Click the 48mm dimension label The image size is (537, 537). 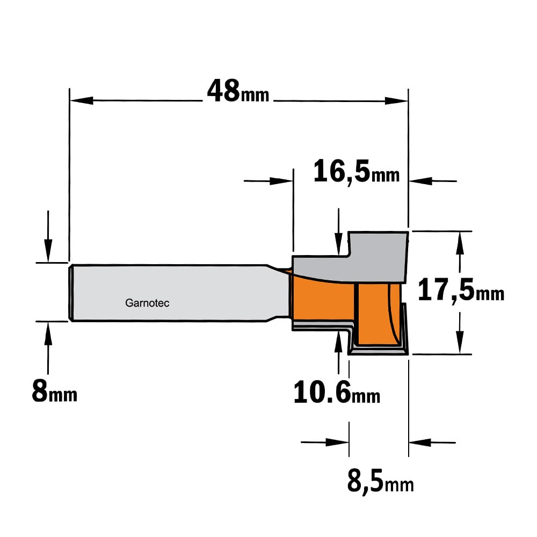tap(238, 91)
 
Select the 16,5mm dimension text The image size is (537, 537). tap(357, 171)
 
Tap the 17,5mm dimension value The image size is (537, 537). tap(461, 291)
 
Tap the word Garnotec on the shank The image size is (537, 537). tap(147, 303)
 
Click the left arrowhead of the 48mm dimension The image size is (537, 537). tap(82, 101)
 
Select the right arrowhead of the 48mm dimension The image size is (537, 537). tap(396, 101)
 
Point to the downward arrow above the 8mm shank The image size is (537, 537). tap(48, 236)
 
